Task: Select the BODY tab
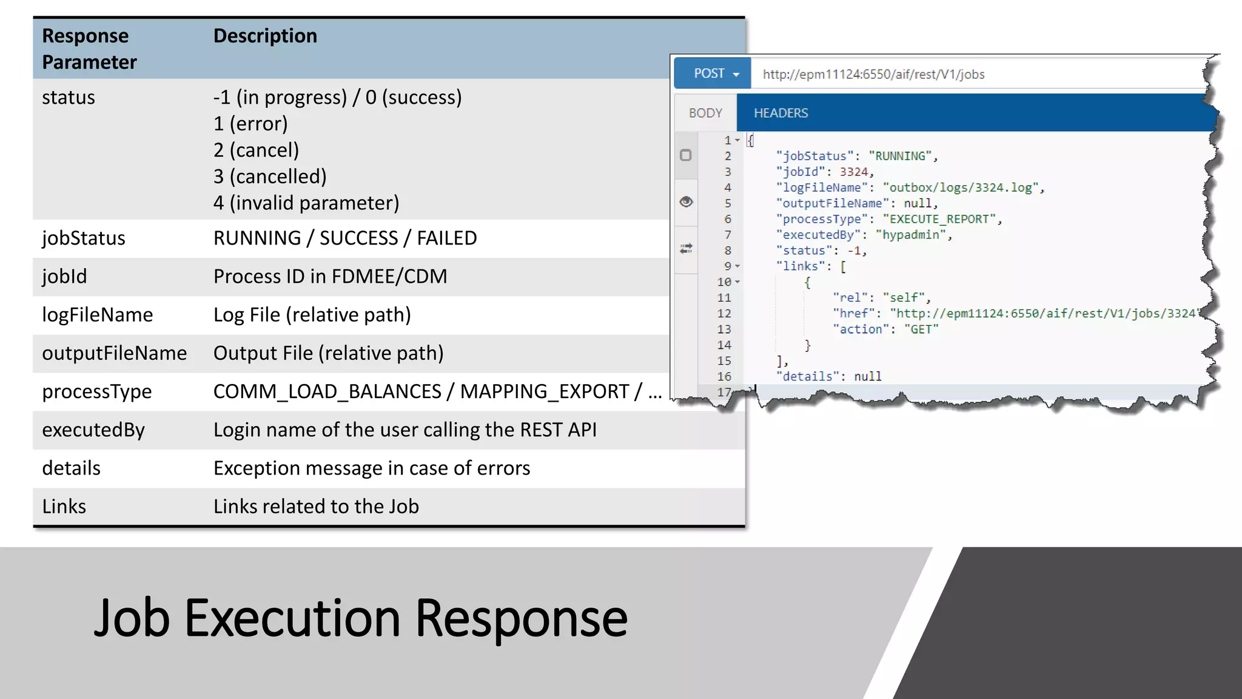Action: pyautogui.click(x=705, y=113)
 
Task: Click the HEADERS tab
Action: pyautogui.click(x=780, y=113)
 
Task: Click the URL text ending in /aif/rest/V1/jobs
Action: pyautogui.click(x=873, y=74)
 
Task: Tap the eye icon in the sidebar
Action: pyautogui.click(x=686, y=201)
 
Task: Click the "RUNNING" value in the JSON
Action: pyautogui.click(x=900, y=156)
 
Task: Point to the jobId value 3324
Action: pyautogui.click(x=853, y=172)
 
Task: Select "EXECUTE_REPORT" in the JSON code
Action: pyautogui.click(x=939, y=219)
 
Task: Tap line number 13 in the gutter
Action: pyautogui.click(x=724, y=329)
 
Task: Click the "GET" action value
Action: pyautogui.click(x=921, y=329)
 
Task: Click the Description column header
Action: pyautogui.click(x=265, y=36)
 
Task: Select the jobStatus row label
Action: pyautogui.click(x=84, y=238)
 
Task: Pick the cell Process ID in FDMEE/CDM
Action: pyautogui.click(x=330, y=276)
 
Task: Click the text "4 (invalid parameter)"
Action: pyautogui.click(x=306, y=203)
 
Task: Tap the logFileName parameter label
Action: pyautogui.click(x=97, y=314)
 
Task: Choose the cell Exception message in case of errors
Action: pyautogui.click(x=372, y=468)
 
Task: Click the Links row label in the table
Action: pyautogui.click(x=64, y=506)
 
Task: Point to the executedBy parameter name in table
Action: pyautogui.click(x=93, y=430)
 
